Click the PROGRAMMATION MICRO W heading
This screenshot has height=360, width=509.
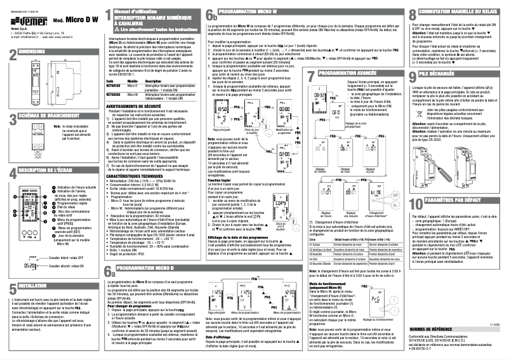[x=255, y=11]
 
